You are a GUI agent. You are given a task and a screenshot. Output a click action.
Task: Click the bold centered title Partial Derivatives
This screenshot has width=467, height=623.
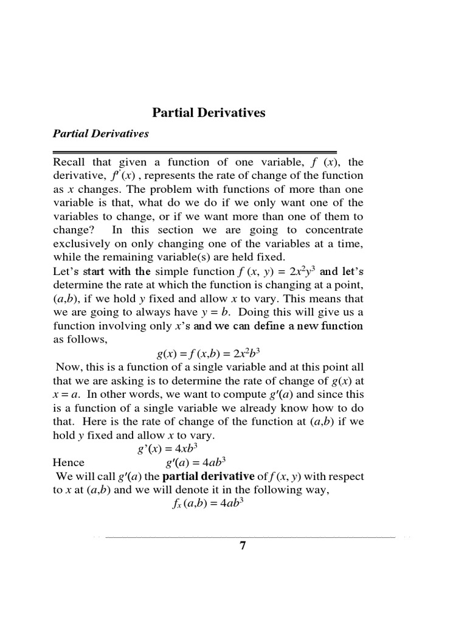tap(209, 113)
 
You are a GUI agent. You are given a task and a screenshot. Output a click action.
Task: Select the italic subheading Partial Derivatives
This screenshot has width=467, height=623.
tap(101, 134)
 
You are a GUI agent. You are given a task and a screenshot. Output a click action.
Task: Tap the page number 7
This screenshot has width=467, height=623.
tap(243, 546)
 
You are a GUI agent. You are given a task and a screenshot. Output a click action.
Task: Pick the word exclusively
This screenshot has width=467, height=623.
tap(81, 243)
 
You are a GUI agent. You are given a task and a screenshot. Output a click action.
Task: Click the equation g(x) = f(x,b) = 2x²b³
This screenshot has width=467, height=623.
tap(208, 353)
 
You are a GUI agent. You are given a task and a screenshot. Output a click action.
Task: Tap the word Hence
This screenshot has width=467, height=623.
tap(69, 462)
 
